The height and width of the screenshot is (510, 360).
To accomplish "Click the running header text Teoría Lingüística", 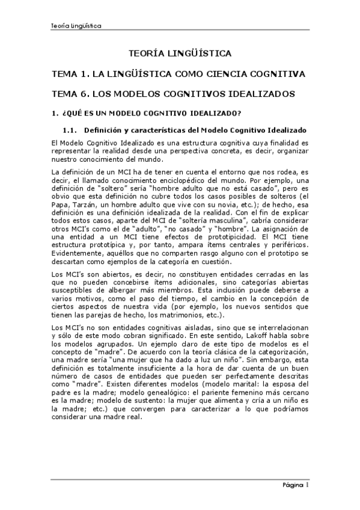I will [76, 26].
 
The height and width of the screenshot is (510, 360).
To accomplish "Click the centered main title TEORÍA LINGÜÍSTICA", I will [180, 54].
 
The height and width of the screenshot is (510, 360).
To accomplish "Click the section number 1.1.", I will [70, 129].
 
